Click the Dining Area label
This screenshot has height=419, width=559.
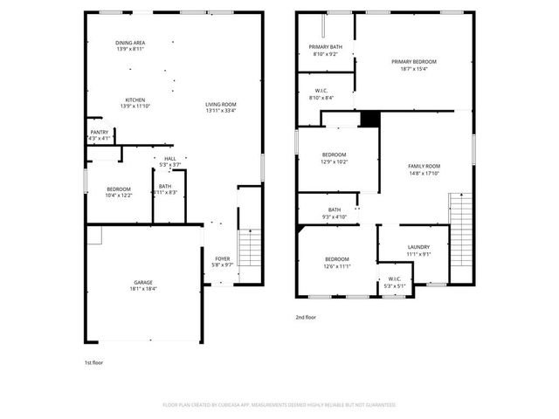(129, 43)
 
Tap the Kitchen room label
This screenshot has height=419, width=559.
(135, 100)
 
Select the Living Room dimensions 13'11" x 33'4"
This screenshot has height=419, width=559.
(221, 111)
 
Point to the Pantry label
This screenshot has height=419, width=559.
(100, 133)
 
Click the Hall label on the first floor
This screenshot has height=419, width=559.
(169, 159)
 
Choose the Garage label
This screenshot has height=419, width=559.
(143, 283)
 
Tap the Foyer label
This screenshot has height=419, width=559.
(223, 259)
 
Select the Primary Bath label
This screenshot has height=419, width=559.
(325, 46)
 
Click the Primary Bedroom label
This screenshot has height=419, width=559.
(413, 62)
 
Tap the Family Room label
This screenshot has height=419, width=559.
(424, 166)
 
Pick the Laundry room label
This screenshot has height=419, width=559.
(418, 247)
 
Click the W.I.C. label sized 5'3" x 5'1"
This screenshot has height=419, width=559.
(395, 279)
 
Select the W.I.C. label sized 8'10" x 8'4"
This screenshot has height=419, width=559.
(321, 90)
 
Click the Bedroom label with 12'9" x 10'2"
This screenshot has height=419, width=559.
(335, 155)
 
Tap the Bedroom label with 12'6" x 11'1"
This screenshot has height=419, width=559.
(337, 259)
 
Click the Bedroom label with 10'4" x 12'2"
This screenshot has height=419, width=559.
(119, 189)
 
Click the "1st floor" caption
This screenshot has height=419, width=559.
(93, 361)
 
